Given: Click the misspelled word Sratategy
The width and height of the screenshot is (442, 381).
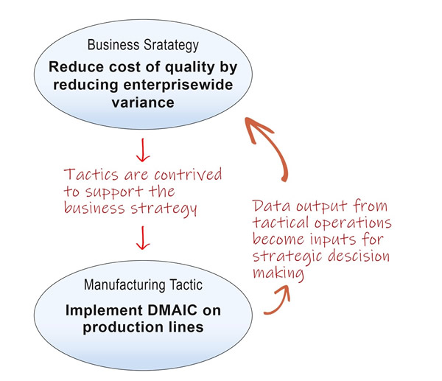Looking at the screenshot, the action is [x=171, y=46].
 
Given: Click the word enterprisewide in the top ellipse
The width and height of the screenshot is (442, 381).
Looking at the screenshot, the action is [x=178, y=85].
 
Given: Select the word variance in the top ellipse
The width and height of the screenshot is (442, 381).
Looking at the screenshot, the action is [x=143, y=102].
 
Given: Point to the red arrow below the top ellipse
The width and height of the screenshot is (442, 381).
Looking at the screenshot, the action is [x=143, y=150].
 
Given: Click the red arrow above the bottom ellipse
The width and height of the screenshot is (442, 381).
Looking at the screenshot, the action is [x=143, y=238].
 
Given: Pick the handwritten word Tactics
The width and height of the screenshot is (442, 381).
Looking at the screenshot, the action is [x=91, y=175].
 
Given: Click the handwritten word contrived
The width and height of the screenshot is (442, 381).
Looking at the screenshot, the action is [x=188, y=175].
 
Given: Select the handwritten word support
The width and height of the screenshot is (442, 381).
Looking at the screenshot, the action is [x=114, y=192].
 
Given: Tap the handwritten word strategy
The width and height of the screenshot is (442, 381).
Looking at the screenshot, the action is [x=164, y=209].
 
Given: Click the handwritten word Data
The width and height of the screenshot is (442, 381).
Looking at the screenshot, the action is [x=271, y=206].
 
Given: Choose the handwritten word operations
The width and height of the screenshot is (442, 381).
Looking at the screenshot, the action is [x=353, y=223].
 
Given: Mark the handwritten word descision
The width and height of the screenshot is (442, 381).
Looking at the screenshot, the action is [x=359, y=256].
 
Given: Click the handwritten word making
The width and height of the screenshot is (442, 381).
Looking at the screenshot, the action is [x=278, y=273].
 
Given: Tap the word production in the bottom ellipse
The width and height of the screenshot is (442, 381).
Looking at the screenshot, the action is [x=123, y=328].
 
